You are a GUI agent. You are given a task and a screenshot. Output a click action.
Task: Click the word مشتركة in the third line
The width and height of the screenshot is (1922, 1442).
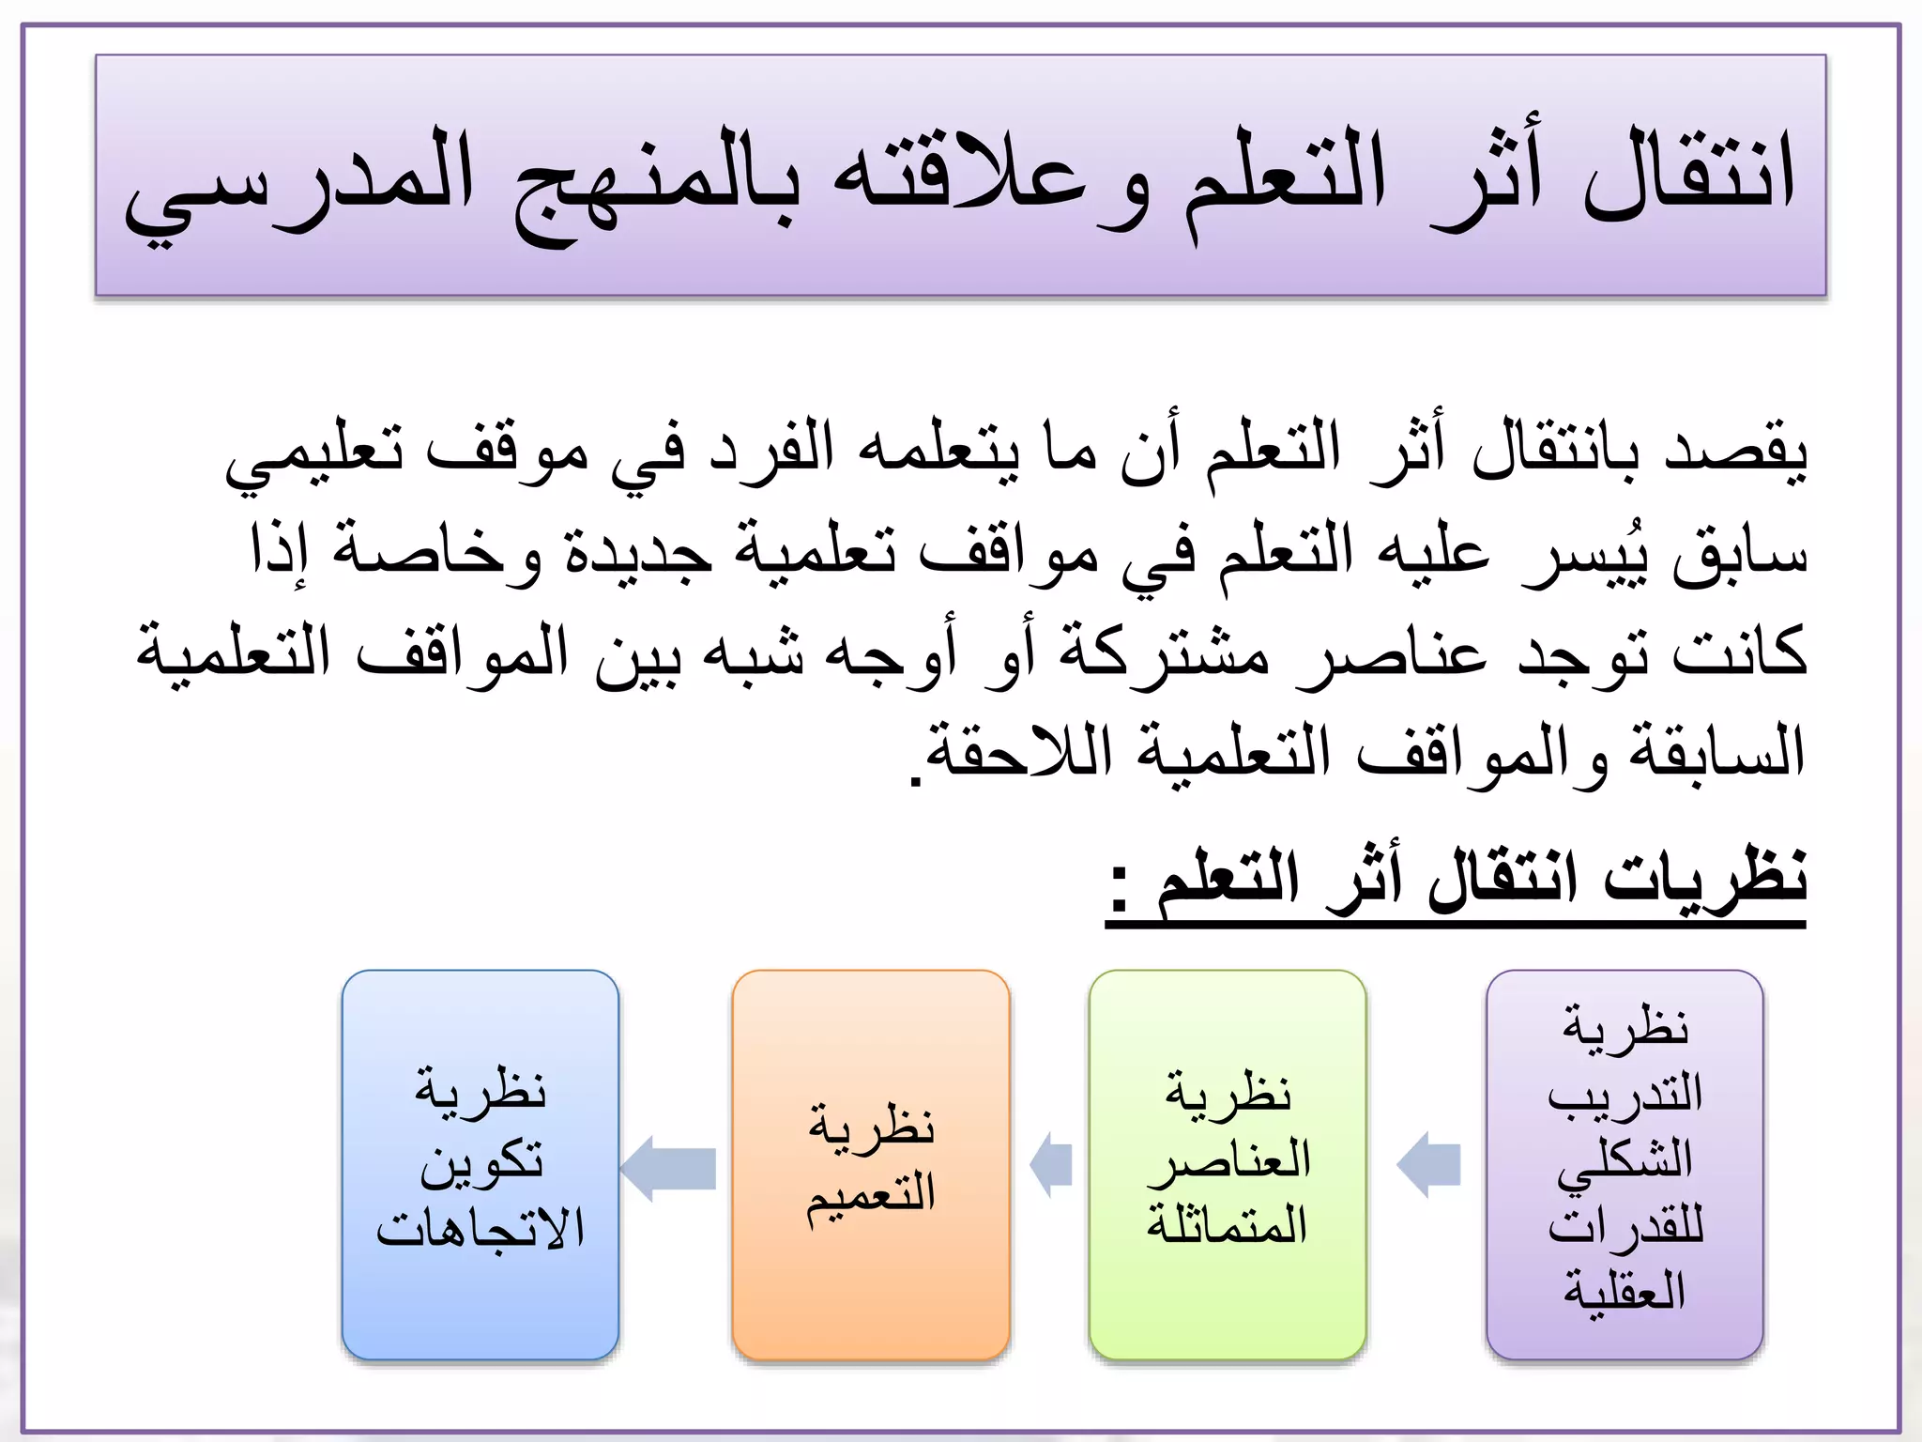(1164, 652)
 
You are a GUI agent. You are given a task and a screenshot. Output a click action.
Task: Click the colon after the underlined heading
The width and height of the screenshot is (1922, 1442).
(1120, 887)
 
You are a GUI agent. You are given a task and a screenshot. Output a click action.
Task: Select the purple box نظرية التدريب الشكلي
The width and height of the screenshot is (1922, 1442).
(1625, 1164)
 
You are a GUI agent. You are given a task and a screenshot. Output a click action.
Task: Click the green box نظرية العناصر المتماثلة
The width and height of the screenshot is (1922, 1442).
(1228, 1164)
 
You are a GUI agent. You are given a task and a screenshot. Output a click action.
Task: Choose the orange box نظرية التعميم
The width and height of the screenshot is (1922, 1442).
(871, 1164)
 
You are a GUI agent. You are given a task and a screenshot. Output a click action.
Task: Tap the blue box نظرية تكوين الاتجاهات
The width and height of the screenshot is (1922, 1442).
(480, 1164)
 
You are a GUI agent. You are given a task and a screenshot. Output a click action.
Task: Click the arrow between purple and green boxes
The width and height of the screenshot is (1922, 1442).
(1428, 1165)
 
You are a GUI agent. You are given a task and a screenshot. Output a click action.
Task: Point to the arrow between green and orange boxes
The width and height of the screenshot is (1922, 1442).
(1051, 1165)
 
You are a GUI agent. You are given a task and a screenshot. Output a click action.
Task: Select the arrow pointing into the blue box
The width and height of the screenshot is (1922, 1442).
(668, 1168)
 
